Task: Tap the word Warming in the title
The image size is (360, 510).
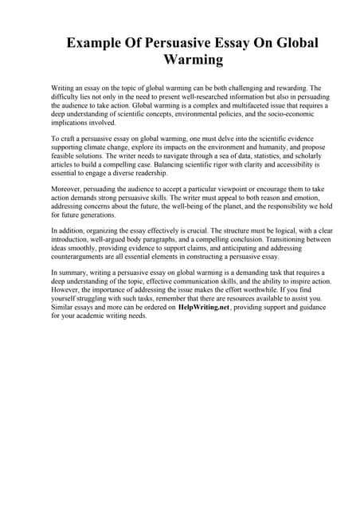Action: [192, 60]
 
